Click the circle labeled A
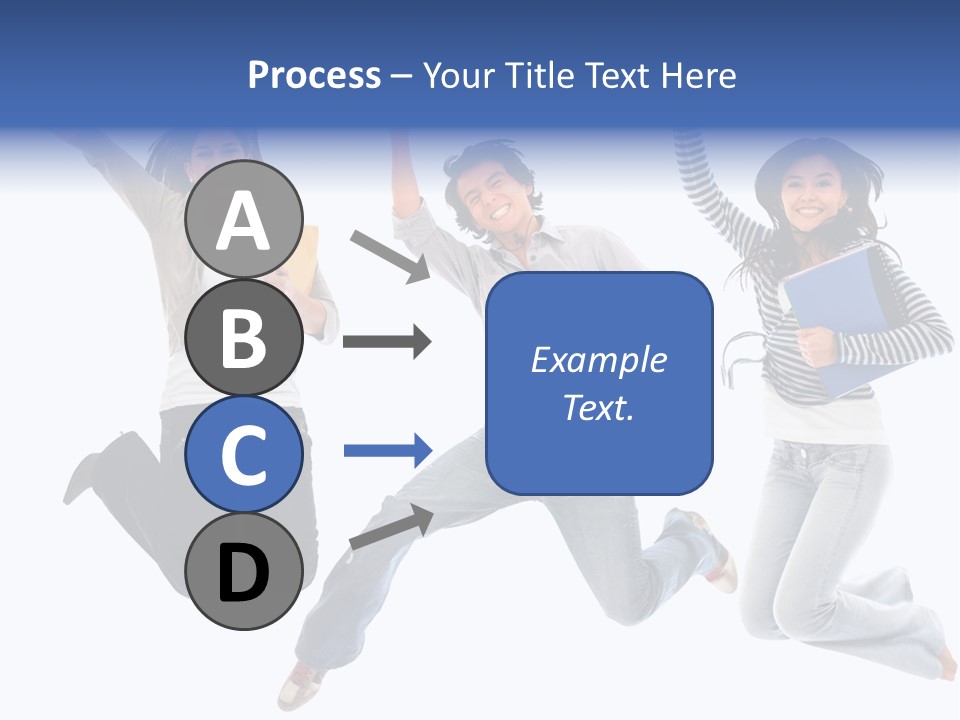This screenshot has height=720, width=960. click(x=244, y=220)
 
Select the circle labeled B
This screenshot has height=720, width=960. click(x=244, y=337)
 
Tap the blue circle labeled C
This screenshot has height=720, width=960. click(x=244, y=454)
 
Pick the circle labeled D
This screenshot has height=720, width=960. click(x=244, y=571)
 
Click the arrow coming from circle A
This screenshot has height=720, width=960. click(x=390, y=255)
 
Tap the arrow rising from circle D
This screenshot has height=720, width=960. click(x=391, y=527)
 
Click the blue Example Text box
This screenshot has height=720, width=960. click(x=599, y=383)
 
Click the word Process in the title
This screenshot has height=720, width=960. click(x=314, y=75)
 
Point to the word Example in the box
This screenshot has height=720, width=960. click(x=598, y=360)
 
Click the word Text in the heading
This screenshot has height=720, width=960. click(x=614, y=75)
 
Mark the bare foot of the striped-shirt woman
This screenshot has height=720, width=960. click(x=942, y=662)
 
